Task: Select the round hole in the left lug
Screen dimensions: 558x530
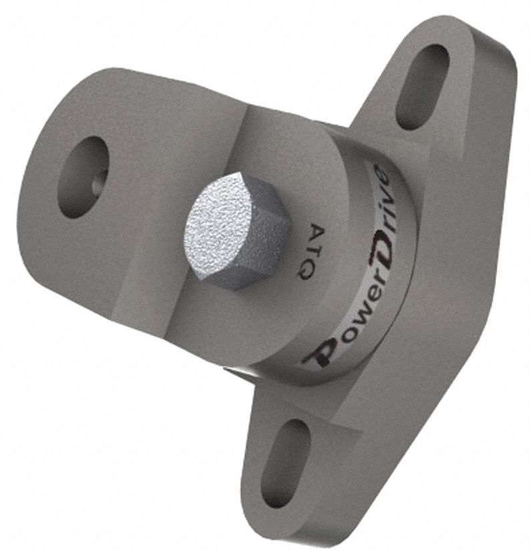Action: [x=83, y=176]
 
